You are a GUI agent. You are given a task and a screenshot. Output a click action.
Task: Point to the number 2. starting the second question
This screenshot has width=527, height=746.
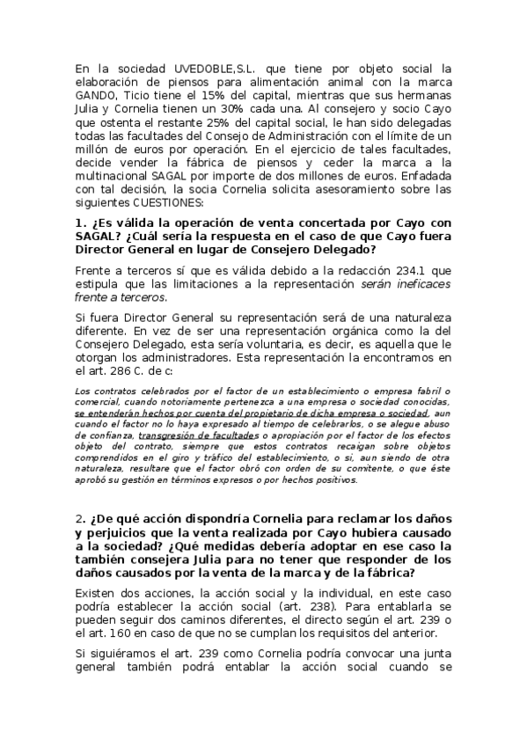[x=79, y=518]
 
